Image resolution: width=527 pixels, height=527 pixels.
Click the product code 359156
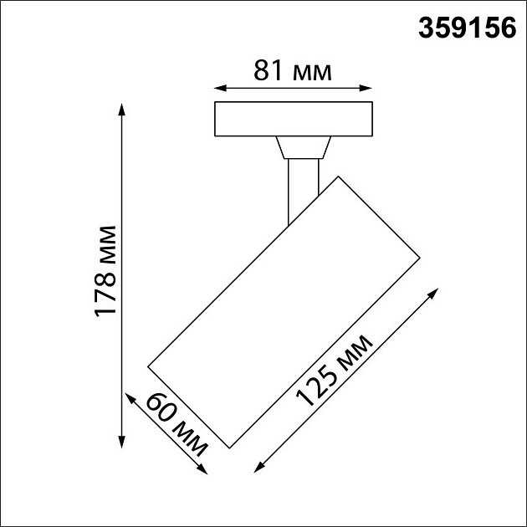[466, 28]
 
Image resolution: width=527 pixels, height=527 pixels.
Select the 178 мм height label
[104, 270]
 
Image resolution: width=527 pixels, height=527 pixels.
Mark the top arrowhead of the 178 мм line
[123, 107]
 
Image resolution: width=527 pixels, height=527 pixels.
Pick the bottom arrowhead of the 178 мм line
[123, 442]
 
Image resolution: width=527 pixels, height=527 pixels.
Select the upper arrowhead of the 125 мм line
[435, 293]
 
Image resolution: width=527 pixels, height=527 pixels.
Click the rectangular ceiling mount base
[293, 119]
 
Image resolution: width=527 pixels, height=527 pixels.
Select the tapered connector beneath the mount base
[301, 148]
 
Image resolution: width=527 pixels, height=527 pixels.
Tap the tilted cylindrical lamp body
[284, 310]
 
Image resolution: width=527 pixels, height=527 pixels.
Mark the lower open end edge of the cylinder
[189, 406]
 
